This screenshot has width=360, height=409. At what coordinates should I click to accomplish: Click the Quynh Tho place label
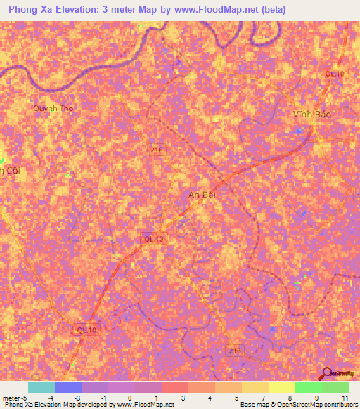pos(53,108)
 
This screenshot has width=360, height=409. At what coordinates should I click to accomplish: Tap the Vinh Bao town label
pos(311,114)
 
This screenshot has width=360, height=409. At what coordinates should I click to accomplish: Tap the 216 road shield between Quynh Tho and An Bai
pos(158,149)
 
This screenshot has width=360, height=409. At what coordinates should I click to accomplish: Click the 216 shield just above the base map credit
pos(235,349)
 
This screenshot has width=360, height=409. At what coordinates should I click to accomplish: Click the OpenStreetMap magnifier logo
pos(326,373)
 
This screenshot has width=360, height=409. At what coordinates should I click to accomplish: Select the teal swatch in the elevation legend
pos(41,387)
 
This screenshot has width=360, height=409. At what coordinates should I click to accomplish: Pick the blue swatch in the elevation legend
pos(67,387)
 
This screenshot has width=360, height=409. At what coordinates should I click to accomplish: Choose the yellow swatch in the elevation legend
pos(281,387)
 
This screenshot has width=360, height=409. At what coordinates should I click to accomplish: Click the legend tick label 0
pos(129,398)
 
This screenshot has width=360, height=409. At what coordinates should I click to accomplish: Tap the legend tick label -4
pos(50,398)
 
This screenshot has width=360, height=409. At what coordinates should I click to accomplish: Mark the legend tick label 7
pos(264,398)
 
